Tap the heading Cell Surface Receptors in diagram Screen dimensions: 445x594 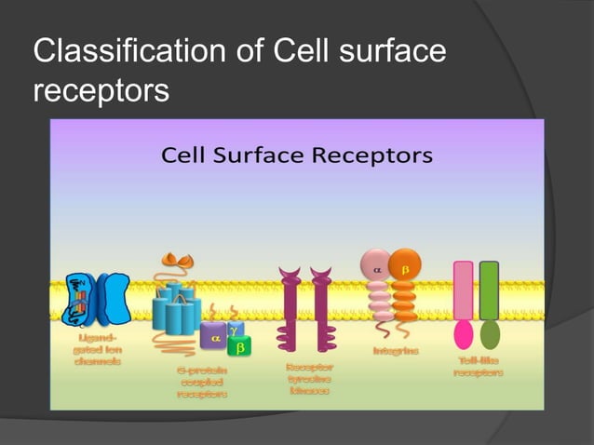pos(297,155)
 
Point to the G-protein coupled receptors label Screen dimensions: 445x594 pos(202,382)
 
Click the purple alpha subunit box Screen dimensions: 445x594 pos(213,340)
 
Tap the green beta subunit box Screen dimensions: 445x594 pos(240,348)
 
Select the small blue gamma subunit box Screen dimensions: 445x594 pos(234,330)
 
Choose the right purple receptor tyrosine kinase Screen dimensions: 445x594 pos(321,307)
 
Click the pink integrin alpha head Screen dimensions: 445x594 pos(377,267)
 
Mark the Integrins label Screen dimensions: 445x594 pos(396,351)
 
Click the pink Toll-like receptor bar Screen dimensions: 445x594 pos(463,291)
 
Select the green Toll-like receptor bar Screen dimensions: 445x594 pos(490,291)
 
